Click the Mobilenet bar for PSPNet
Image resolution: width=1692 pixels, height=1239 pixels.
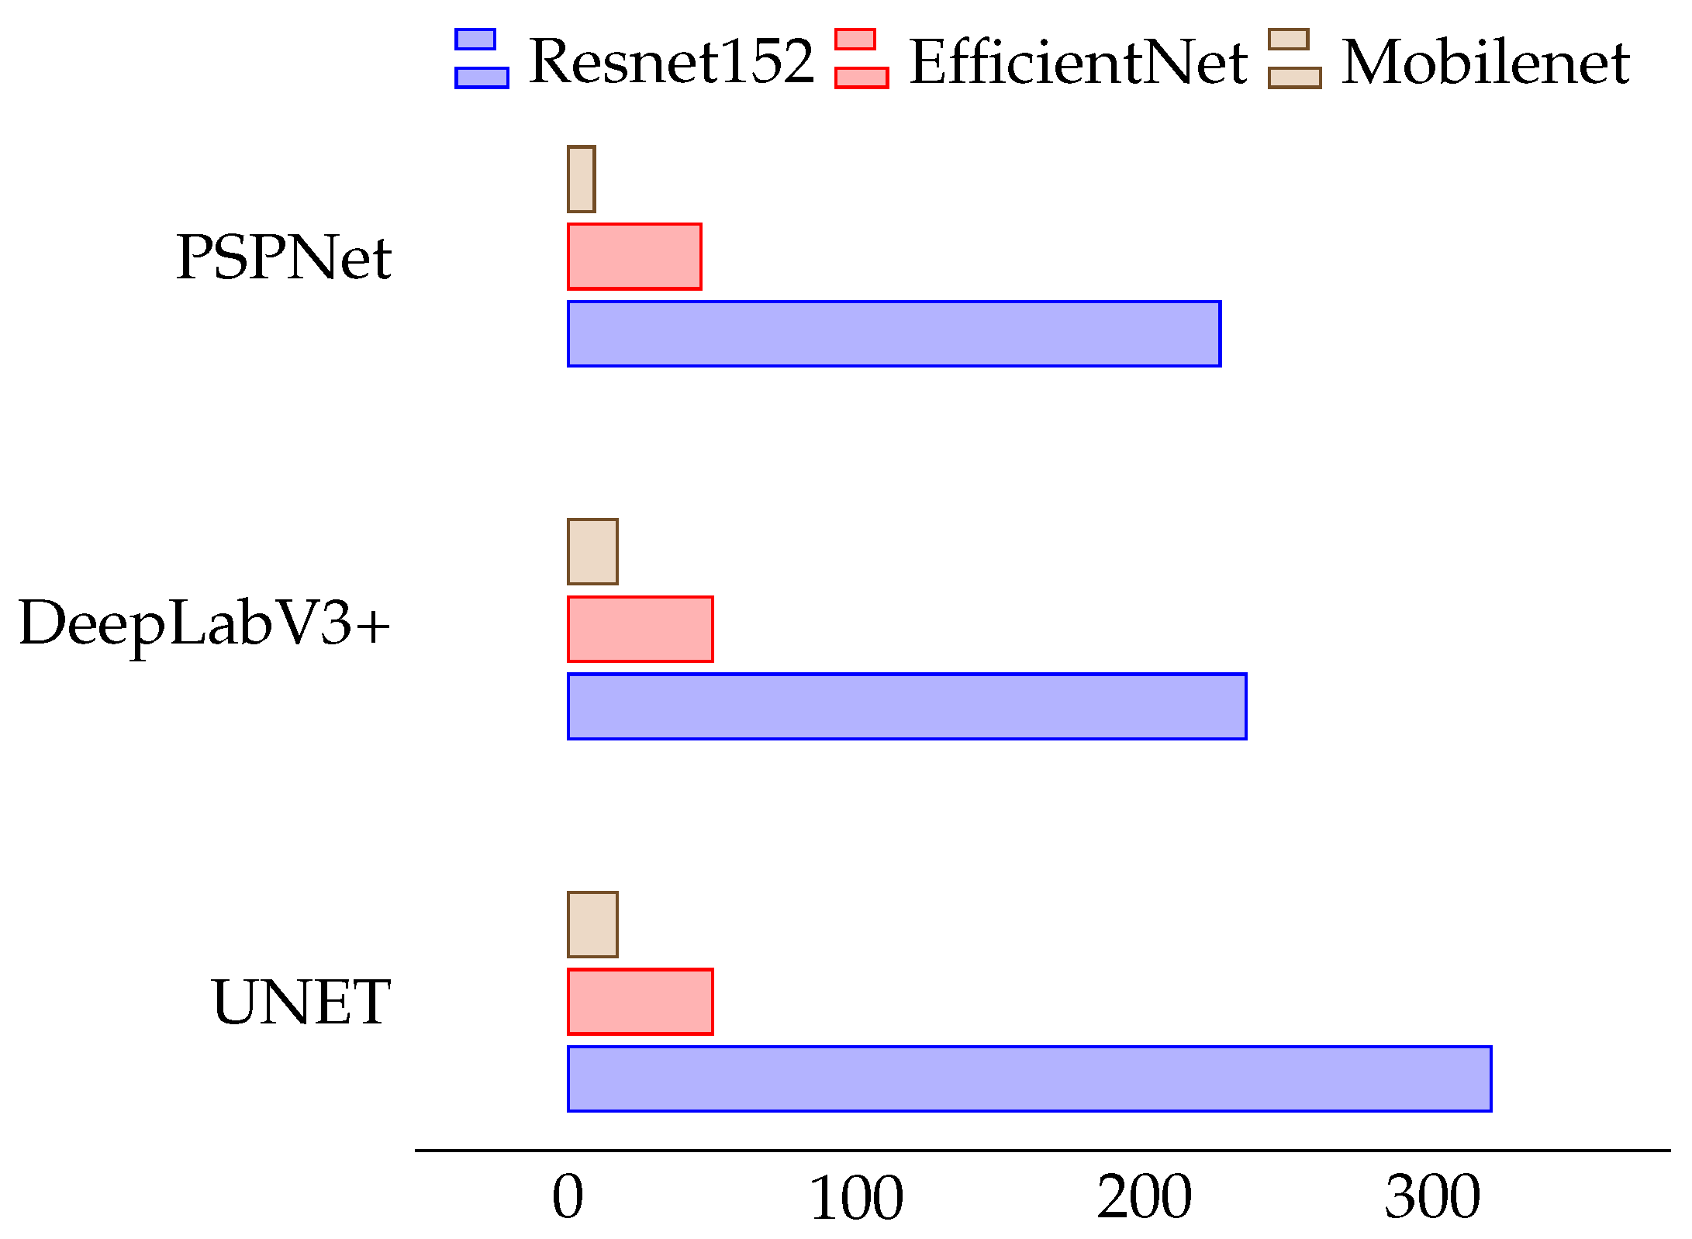click(x=582, y=179)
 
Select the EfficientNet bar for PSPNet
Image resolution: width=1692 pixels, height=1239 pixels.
click(x=634, y=257)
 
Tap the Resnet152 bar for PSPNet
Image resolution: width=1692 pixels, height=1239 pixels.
click(x=894, y=333)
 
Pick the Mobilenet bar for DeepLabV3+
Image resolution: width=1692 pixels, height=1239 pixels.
click(x=592, y=551)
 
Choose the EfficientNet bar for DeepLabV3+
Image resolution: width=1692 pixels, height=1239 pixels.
click(x=641, y=629)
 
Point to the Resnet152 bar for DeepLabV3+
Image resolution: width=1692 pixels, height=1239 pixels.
click(x=907, y=706)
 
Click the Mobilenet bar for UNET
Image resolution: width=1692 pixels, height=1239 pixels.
click(x=592, y=924)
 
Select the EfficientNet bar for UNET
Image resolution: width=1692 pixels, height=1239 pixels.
click(x=641, y=1002)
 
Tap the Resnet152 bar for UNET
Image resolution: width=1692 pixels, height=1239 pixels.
click(x=1030, y=1079)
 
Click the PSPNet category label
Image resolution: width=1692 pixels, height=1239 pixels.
click(x=284, y=257)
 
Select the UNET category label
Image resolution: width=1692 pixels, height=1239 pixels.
click(x=301, y=1002)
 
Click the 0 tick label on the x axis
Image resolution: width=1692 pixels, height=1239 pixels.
click(x=568, y=1198)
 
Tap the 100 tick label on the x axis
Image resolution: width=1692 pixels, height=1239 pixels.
click(x=856, y=1198)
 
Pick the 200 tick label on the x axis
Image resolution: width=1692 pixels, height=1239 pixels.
click(x=1145, y=1198)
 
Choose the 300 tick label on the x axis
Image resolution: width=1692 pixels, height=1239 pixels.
click(x=1433, y=1198)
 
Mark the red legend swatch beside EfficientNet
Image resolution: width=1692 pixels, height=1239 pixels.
click(x=861, y=59)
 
